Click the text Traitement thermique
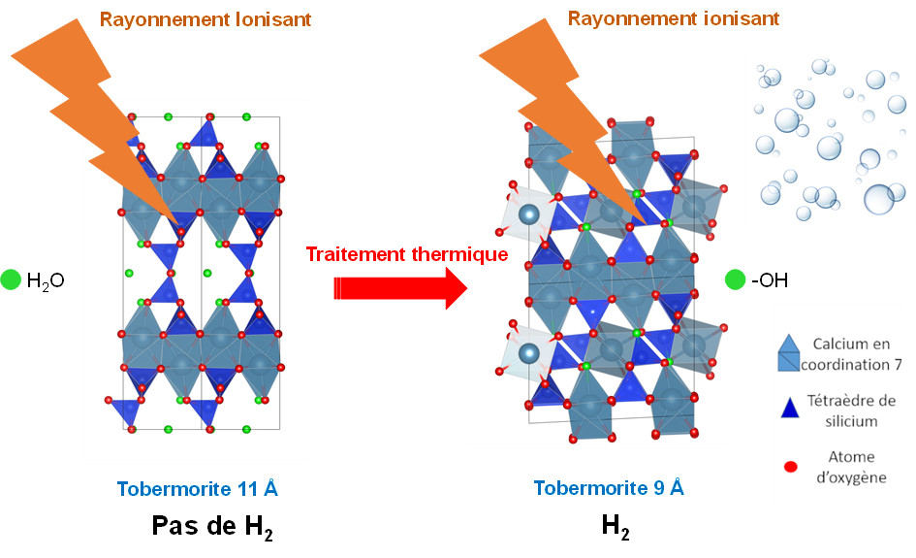point(407,254)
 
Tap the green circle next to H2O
point(11,280)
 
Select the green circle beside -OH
point(736,281)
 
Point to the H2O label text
point(45,281)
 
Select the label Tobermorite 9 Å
point(609,488)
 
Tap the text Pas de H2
point(219,527)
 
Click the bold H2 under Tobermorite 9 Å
point(615,527)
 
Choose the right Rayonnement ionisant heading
point(673,18)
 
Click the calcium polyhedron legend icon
point(790,355)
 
